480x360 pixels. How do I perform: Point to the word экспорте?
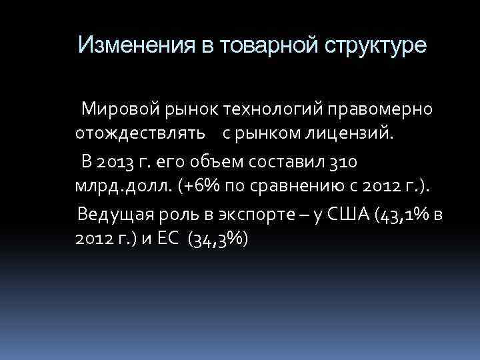pos(249,215)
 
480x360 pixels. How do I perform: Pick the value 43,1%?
pos(403,216)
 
